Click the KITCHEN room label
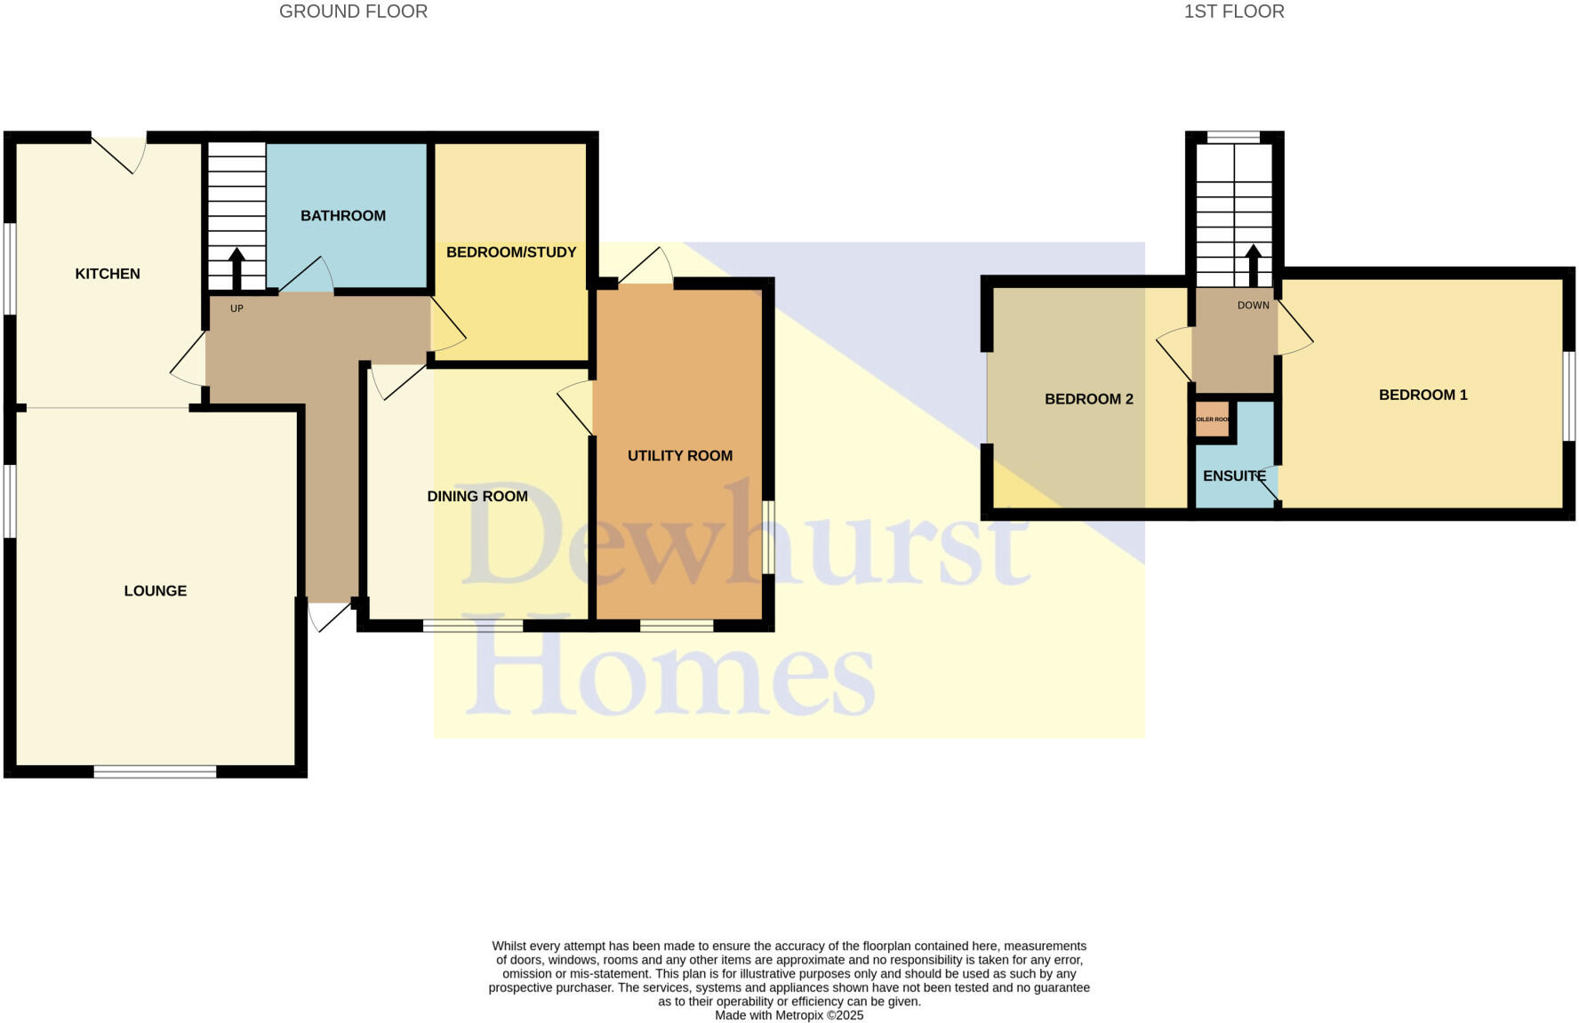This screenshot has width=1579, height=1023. tap(108, 274)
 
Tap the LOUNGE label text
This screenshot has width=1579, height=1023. tap(156, 591)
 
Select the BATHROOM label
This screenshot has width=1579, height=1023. tap(343, 216)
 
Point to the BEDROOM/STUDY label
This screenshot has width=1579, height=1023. tap(511, 252)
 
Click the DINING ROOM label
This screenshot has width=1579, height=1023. tap(477, 497)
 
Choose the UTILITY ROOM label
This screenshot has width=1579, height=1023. tap(680, 456)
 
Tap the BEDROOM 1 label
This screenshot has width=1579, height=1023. tap(1423, 396)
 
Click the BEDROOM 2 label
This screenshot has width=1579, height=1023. tap(1088, 399)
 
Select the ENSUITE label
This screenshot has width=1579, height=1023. tap(1233, 476)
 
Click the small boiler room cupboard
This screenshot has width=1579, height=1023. tap(1212, 420)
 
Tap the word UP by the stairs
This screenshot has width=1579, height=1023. tap(236, 308)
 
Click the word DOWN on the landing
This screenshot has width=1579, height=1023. tap(1253, 306)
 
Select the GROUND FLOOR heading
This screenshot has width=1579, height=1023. tap(353, 12)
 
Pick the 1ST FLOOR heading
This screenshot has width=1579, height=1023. tap(1233, 12)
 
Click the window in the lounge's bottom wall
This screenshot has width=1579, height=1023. tap(155, 771)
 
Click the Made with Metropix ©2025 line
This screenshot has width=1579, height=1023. tap(789, 1015)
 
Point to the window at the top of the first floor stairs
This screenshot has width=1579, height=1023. tap(1233, 137)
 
